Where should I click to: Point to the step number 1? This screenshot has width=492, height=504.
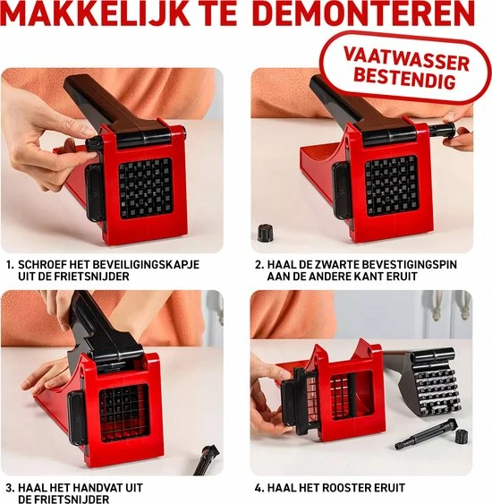[9, 265]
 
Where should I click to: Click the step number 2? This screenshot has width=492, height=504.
[259, 265]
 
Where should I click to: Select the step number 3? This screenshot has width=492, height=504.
[9, 487]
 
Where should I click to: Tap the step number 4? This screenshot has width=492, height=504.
[259, 487]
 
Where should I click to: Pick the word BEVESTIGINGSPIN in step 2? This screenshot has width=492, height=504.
[403, 265]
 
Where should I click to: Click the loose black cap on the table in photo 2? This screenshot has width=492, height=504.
[265, 233]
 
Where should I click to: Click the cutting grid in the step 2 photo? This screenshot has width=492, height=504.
[391, 184]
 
